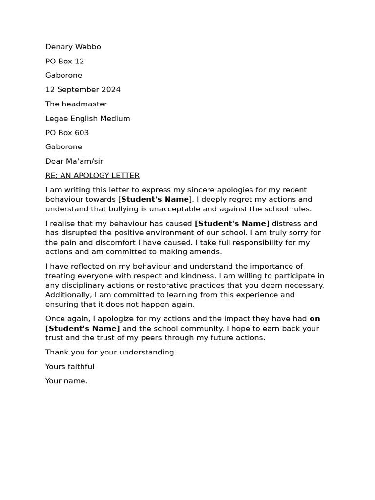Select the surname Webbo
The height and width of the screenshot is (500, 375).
pyautogui.click(x=88, y=47)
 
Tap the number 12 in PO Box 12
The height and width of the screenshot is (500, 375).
pyautogui.click(x=79, y=61)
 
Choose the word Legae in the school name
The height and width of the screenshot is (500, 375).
pyautogui.click(x=56, y=118)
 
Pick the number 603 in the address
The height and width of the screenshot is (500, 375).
pyautogui.click(x=81, y=133)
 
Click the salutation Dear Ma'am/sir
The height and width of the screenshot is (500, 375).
pyautogui.click(x=74, y=161)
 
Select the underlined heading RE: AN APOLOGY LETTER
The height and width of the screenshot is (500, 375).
pyautogui.click(x=92, y=175)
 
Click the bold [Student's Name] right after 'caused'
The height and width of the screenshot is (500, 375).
pyautogui.click(x=232, y=224)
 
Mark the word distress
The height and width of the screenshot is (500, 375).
pyautogui.click(x=288, y=224)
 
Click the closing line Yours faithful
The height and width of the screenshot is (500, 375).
pyautogui.click(x=70, y=367)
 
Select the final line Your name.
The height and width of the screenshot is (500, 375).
pyautogui.click(x=66, y=381)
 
